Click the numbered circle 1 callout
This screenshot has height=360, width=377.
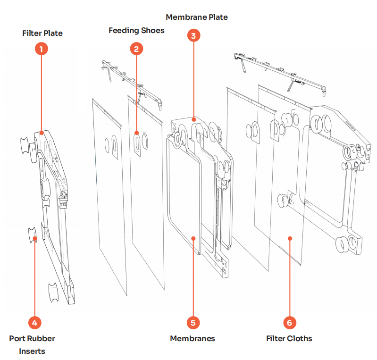pyautogui.click(x=42, y=49)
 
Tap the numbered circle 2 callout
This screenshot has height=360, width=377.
pyautogui.click(x=136, y=49)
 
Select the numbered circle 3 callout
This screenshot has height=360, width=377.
pyautogui.click(x=193, y=35)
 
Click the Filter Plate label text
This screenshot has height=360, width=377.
pyautogui.click(x=42, y=33)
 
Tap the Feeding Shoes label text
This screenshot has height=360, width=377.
pyautogui.click(x=136, y=31)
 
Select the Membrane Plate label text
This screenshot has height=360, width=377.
pyautogui.click(x=197, y=17)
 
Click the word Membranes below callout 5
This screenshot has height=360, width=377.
pyautogui.click(x=193, y=338)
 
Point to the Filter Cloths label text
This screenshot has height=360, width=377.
pyautogui.click(x=289, y=338)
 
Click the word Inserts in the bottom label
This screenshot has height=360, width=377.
pyautogui.click(x=32, y=351)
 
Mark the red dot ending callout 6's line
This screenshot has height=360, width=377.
pyautogui.click(x=290, y=238)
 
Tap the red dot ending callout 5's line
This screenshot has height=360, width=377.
pyautogui.click(x=193, y=238)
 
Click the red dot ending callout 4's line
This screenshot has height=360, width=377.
pyautogui.click(x=35, y=238)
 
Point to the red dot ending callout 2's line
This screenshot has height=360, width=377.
pyautogui.click(x=136, y=133)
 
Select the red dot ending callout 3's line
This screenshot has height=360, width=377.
pyautogui.click(x=193, y=120)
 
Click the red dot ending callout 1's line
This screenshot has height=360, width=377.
pyautogui.click(x=42, y=133)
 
